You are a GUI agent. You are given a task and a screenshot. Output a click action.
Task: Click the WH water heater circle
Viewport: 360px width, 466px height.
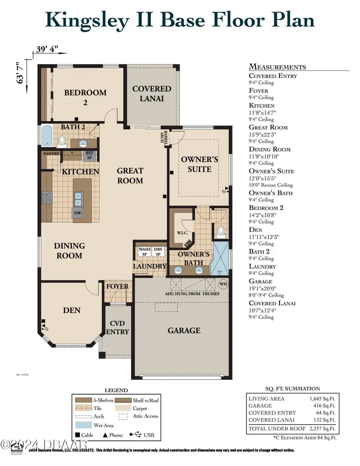[x=223, y=284]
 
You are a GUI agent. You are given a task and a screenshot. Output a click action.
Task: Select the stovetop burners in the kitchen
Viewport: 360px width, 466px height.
[x=48, y=197]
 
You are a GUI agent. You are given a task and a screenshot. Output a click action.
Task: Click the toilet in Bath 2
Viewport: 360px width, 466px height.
[x=62, y=141]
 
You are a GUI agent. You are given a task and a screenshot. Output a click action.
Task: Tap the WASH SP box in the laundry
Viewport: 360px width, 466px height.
[x=144, y=252]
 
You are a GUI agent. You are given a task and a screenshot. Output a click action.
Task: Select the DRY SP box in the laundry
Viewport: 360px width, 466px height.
[x=158, y=252]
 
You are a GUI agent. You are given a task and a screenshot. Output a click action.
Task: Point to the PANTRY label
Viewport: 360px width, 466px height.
[x=51, y=154]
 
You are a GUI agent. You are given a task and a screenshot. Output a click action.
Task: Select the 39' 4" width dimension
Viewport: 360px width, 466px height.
[x=47, y=50]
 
